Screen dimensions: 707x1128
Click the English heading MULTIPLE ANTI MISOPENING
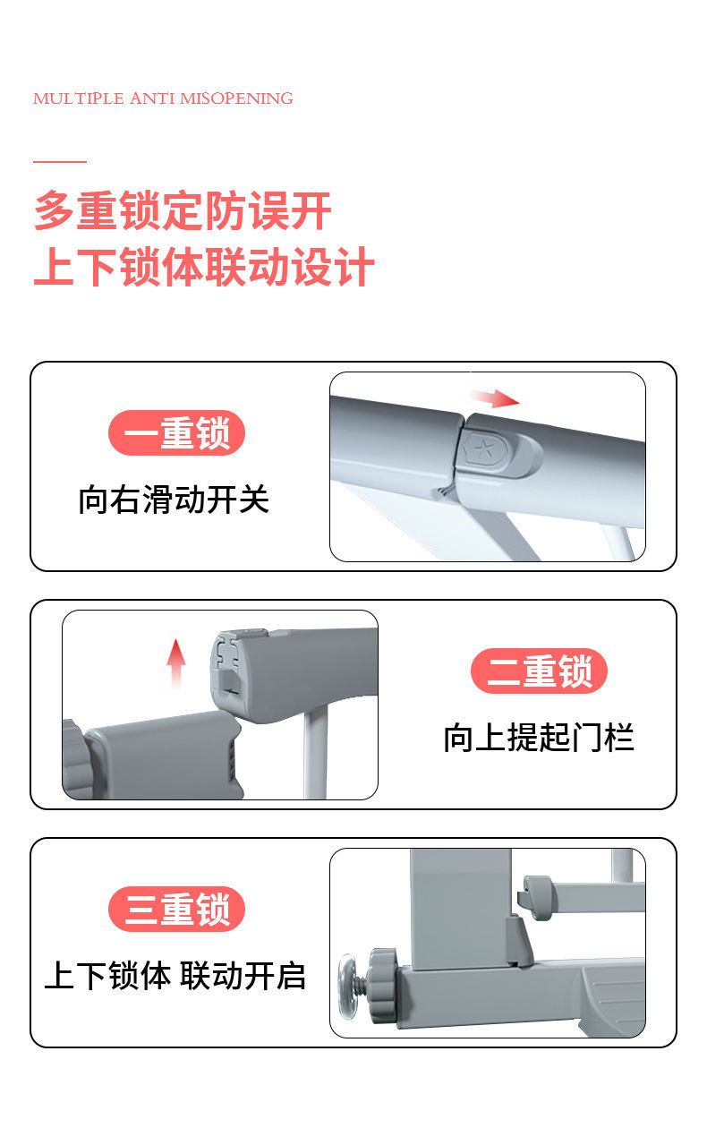pyautogui.click(x=163, y=98)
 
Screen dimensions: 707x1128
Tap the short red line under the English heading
pyautogui.click(x=60, y=162)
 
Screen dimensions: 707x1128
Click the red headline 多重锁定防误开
pyautogui.click(x=183, y=210)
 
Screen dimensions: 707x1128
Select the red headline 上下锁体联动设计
pyautogui.click(x=204, y=267)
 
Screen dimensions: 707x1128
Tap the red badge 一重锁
pyautogui.click(x=177, y=432)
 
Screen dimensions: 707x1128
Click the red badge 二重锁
pyautogui.click(x=539, y=671)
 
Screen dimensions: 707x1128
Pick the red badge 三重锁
pyautogui.click(x=177, y=909)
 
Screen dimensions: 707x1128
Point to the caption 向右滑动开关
pyautogui.click(x=174, y=500)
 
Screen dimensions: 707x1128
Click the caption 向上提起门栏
pyautogui.click(x=539, y=738)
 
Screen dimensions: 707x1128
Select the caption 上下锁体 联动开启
pyautogui.click(x=175, y=976)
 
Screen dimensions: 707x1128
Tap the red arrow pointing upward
pyautogui.click(x=175, y=663)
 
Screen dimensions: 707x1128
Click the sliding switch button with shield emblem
pyautogui.click(x=499, y=452)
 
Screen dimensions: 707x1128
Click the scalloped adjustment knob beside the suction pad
pyautogui.click(x=384, y=986)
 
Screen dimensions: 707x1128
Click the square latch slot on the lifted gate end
pyautogui.click(x=231, y=680)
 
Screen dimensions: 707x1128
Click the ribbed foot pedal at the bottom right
pyautogui.click(x=615, y=998)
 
